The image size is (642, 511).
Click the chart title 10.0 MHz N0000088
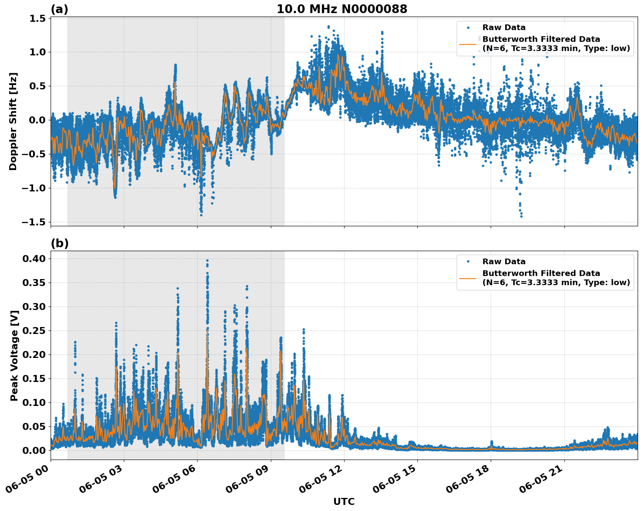pos(342,9)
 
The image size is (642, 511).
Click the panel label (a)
pos(59,9)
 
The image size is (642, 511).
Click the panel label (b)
pos(59,243)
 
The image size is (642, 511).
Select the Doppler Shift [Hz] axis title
pos(13,121)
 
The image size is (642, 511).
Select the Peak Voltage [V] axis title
pos(14,355)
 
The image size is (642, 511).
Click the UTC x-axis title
pos(344,501)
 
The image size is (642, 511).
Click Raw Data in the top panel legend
pos(504,27)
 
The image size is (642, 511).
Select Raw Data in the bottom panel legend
pos(504,262)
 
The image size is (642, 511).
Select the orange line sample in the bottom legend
pos(468,278)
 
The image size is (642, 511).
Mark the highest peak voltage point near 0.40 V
pos(207,260)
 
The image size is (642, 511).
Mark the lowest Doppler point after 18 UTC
pos(521,216)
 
